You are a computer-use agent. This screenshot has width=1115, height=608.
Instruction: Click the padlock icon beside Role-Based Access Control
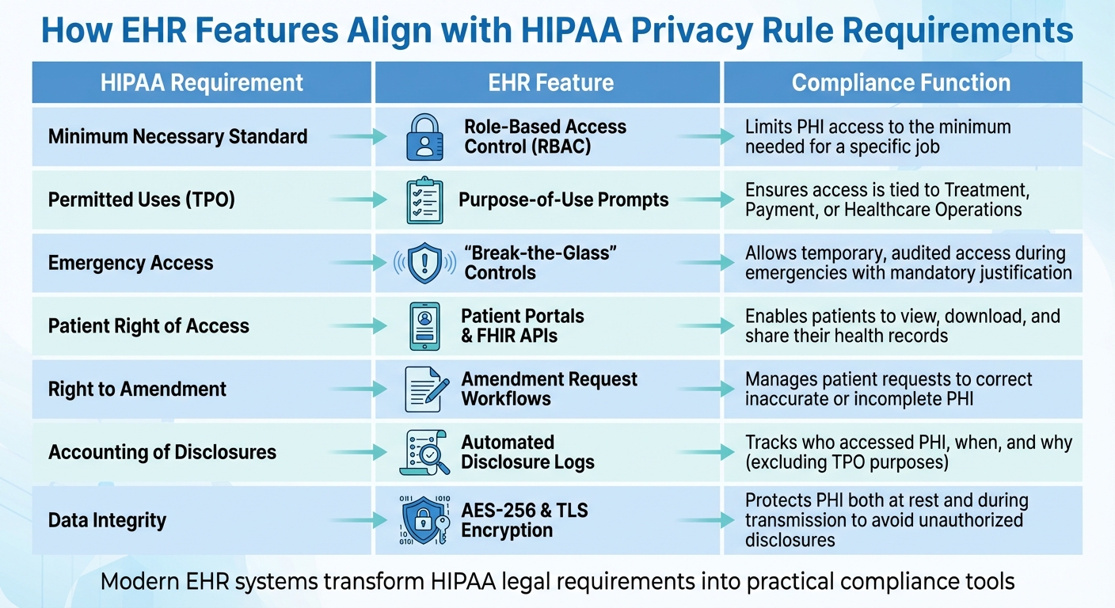(424, 137)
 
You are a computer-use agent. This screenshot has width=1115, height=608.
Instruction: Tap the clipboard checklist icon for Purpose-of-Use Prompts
(424, 200)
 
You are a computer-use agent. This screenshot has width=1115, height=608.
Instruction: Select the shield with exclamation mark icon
(424, 263)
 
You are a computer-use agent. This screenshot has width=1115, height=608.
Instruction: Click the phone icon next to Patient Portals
(424, 326)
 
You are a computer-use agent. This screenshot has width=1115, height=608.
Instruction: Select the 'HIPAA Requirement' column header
(202, 82)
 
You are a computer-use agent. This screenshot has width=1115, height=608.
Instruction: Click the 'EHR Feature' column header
(550, 82)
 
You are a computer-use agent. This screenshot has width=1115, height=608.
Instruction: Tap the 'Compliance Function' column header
(901, 82)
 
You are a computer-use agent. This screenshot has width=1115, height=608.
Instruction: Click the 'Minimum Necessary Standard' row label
(177, 137)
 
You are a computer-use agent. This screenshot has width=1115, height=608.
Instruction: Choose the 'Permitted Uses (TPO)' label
(142, 200)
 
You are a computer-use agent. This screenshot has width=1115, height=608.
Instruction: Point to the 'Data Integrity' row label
(107, 520)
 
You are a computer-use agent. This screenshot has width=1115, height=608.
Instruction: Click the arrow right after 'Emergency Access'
(359, 263)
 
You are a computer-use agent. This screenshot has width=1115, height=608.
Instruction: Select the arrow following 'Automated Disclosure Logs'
(706, 452)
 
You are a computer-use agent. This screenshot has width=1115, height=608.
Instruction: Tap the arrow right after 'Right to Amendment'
(359, 389)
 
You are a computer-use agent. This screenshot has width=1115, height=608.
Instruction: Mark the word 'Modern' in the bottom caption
(139, 581)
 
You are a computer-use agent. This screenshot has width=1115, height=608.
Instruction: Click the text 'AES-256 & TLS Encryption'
(525, 520)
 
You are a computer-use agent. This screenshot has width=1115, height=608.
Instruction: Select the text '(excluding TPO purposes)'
(847, 462)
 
